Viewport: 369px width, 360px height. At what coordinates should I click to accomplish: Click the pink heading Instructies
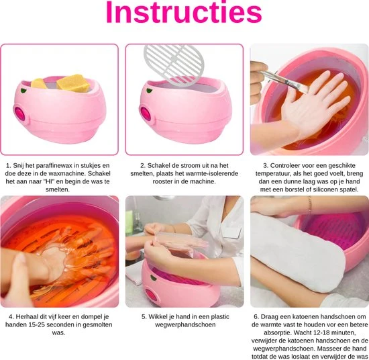(184, 12)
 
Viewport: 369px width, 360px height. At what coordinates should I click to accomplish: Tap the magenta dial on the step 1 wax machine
(20, 114)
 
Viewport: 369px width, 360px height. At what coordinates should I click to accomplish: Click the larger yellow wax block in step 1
(73, 83)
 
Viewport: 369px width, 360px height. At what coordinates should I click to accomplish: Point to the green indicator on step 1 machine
(23, 90)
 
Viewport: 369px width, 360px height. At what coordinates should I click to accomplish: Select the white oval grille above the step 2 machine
(174, 64)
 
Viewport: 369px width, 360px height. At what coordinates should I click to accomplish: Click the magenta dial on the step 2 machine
(146, 114)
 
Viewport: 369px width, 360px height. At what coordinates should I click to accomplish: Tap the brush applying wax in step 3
(284, 81)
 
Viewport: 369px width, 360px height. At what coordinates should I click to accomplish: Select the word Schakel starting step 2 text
(158, 166)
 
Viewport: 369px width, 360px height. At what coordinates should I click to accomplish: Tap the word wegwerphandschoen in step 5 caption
(185, 325)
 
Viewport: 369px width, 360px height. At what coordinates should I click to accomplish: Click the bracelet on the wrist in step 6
(309, 206)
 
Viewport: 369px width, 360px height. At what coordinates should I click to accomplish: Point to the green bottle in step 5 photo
(129, 222)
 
